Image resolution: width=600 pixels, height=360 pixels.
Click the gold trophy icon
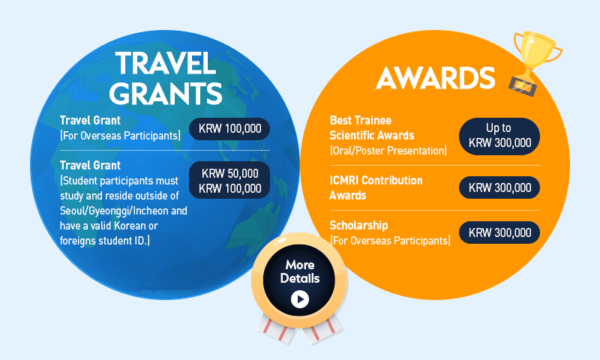535,62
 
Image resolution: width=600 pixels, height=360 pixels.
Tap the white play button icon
299,299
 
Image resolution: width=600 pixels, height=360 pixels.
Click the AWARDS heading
436,78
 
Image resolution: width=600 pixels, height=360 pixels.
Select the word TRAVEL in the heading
165,63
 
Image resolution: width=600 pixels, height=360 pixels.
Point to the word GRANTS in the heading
165,93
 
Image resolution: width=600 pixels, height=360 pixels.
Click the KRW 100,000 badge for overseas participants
229,128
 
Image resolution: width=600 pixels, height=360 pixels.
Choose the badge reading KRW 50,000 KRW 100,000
229,180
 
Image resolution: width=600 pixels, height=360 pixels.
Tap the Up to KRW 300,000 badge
499,136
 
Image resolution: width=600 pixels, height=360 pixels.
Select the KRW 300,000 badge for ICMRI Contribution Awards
499,187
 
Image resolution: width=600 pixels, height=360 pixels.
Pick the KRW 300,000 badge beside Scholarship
499,232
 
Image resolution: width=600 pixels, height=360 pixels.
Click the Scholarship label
358,225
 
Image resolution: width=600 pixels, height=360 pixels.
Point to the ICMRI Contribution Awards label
376,187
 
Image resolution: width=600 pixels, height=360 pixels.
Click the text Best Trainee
361,120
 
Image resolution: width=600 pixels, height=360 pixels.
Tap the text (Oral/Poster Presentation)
388,150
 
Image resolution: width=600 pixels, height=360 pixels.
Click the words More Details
299,271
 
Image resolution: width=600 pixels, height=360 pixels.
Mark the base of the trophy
523,86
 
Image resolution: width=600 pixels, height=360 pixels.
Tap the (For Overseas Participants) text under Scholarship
390,241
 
